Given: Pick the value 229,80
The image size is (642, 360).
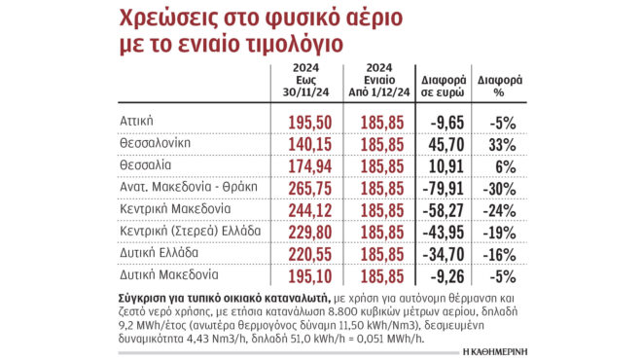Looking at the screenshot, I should coord(313,231).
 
